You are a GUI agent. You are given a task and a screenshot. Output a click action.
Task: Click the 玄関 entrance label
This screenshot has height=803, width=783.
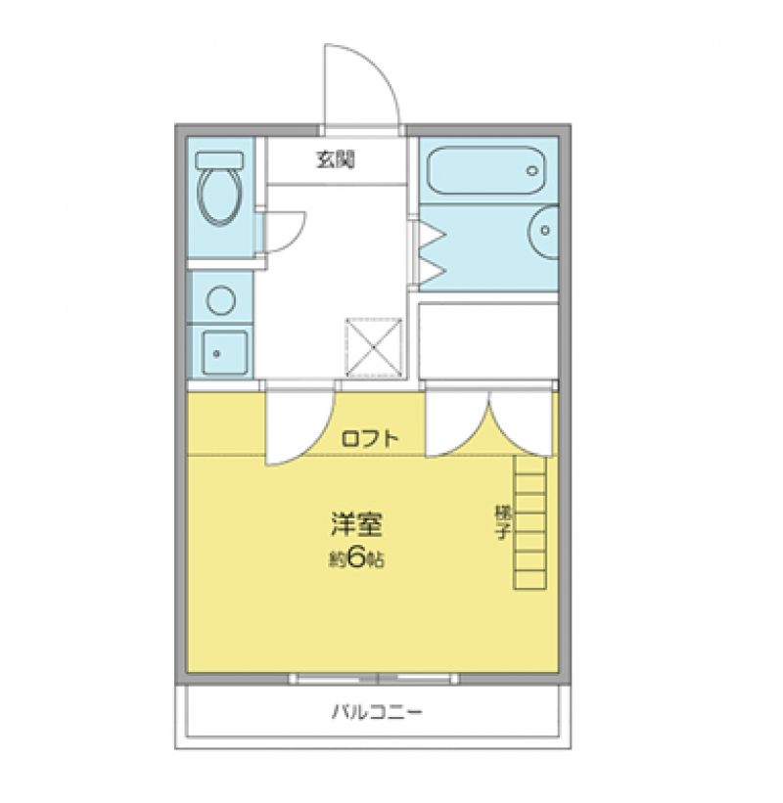(x=335, y=160)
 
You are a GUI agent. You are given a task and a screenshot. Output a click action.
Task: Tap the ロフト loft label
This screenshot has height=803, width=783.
(x=370, y=439)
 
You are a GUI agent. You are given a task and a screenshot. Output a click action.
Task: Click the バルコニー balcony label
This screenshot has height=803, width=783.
(x=376, y=712)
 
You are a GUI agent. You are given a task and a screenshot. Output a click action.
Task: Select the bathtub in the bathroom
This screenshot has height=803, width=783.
(x=485, y=172)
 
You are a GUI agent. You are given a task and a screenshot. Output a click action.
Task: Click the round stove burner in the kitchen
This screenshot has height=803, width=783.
(x=221, y=299)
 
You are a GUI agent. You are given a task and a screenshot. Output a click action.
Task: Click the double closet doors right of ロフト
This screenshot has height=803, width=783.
(x=489, y=423)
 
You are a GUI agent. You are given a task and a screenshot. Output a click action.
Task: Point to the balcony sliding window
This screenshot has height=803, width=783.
(x=375, y=678)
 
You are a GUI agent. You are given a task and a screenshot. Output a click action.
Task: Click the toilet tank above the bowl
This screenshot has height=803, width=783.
(x=219, y=158)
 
